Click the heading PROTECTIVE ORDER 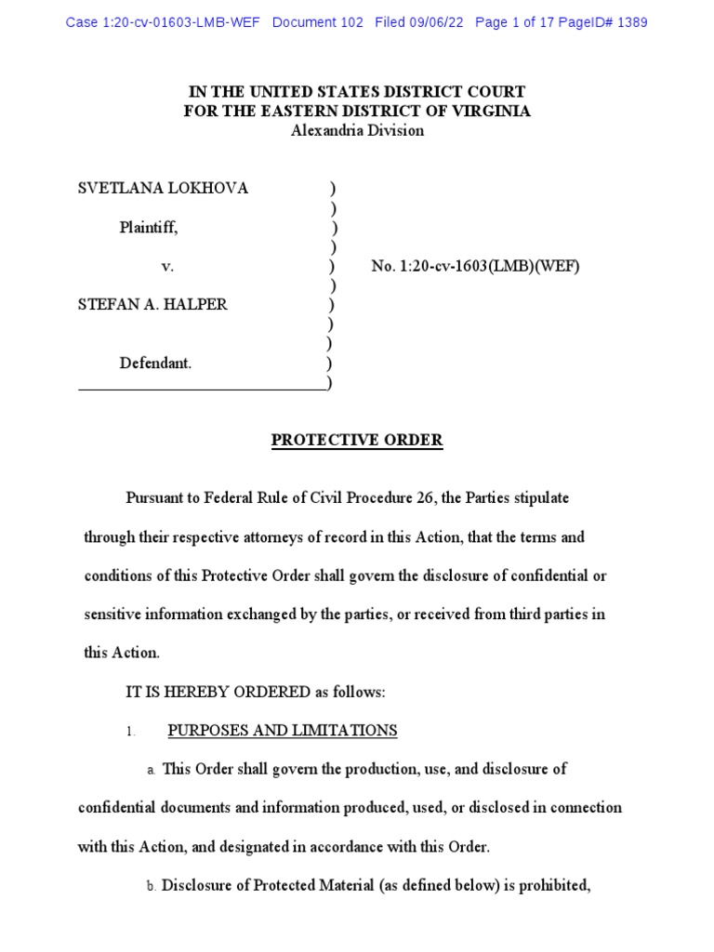tap(357, 441)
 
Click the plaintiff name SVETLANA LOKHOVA tap(163, 189)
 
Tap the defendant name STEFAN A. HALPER tap(152, 305)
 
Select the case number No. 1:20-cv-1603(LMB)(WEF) tap(475, 267)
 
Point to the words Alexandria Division tap(357, 131)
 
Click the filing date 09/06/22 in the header tap(436, 22)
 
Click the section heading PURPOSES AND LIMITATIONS tap(282, 731)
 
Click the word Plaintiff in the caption tap(148, 227)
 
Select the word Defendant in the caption tap(154, 364)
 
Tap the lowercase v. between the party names tap(167, 267)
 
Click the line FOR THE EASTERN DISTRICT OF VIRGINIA tap(357, 112)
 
